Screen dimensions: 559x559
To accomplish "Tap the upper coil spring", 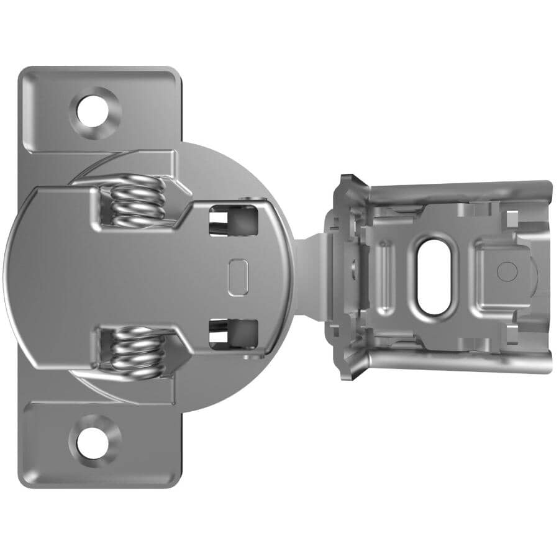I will [x=139, y=200].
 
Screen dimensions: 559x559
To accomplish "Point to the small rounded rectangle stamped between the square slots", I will [x=238, y=278].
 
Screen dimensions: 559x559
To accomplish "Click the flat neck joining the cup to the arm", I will [x=309, y=276].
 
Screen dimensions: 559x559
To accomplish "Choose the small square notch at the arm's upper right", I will [x=512, y=217].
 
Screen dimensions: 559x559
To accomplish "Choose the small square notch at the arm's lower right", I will [x=512, y=337].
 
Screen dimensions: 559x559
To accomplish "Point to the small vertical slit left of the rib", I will [x=353, y=267].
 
